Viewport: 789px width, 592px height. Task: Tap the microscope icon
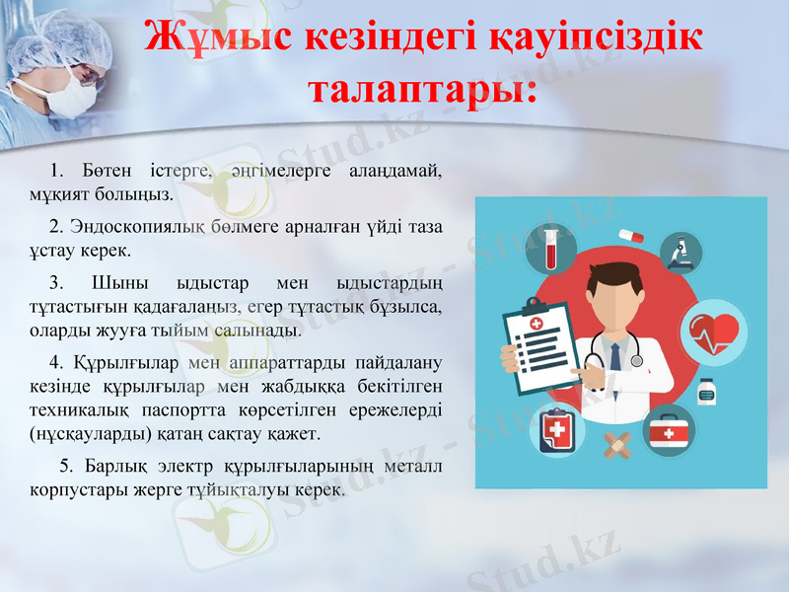point(680,254)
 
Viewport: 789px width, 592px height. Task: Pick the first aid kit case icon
point(670,431)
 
